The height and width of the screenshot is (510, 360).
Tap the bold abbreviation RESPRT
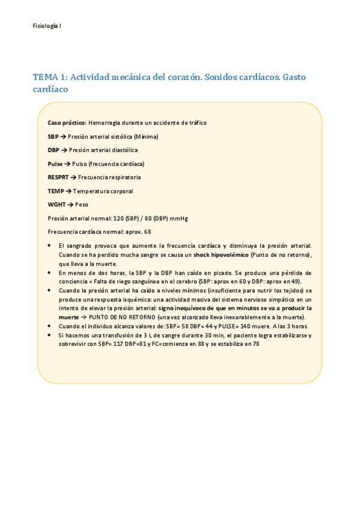[x=58, y=177]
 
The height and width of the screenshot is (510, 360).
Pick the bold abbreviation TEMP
[x=55, y=191]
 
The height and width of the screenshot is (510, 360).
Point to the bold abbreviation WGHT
[x=56, y=204]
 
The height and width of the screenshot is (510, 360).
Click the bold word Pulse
[x=55, y=164]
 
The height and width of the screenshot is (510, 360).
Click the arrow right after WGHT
[x=70, y=204]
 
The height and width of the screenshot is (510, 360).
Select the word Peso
[x=81, y=204]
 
